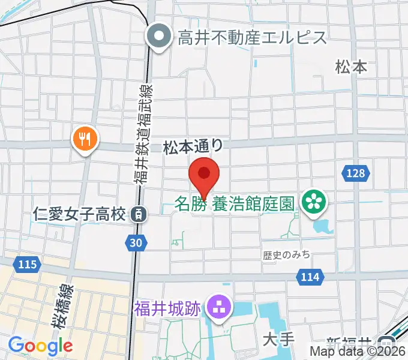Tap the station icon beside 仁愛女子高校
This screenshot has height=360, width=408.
click(x=139, y=212)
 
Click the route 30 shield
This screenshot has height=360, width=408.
click(x=136, y=242)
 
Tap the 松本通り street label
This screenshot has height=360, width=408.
click(x=194, y=146)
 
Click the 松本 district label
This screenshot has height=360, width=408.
click(x=351, y=67)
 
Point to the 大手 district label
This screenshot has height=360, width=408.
click(x=279, y=340)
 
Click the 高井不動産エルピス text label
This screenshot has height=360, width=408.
click(x=252, y=38)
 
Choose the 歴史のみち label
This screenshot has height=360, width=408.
click(x=287, y=255)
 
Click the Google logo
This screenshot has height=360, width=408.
click(x=40, y=346)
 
